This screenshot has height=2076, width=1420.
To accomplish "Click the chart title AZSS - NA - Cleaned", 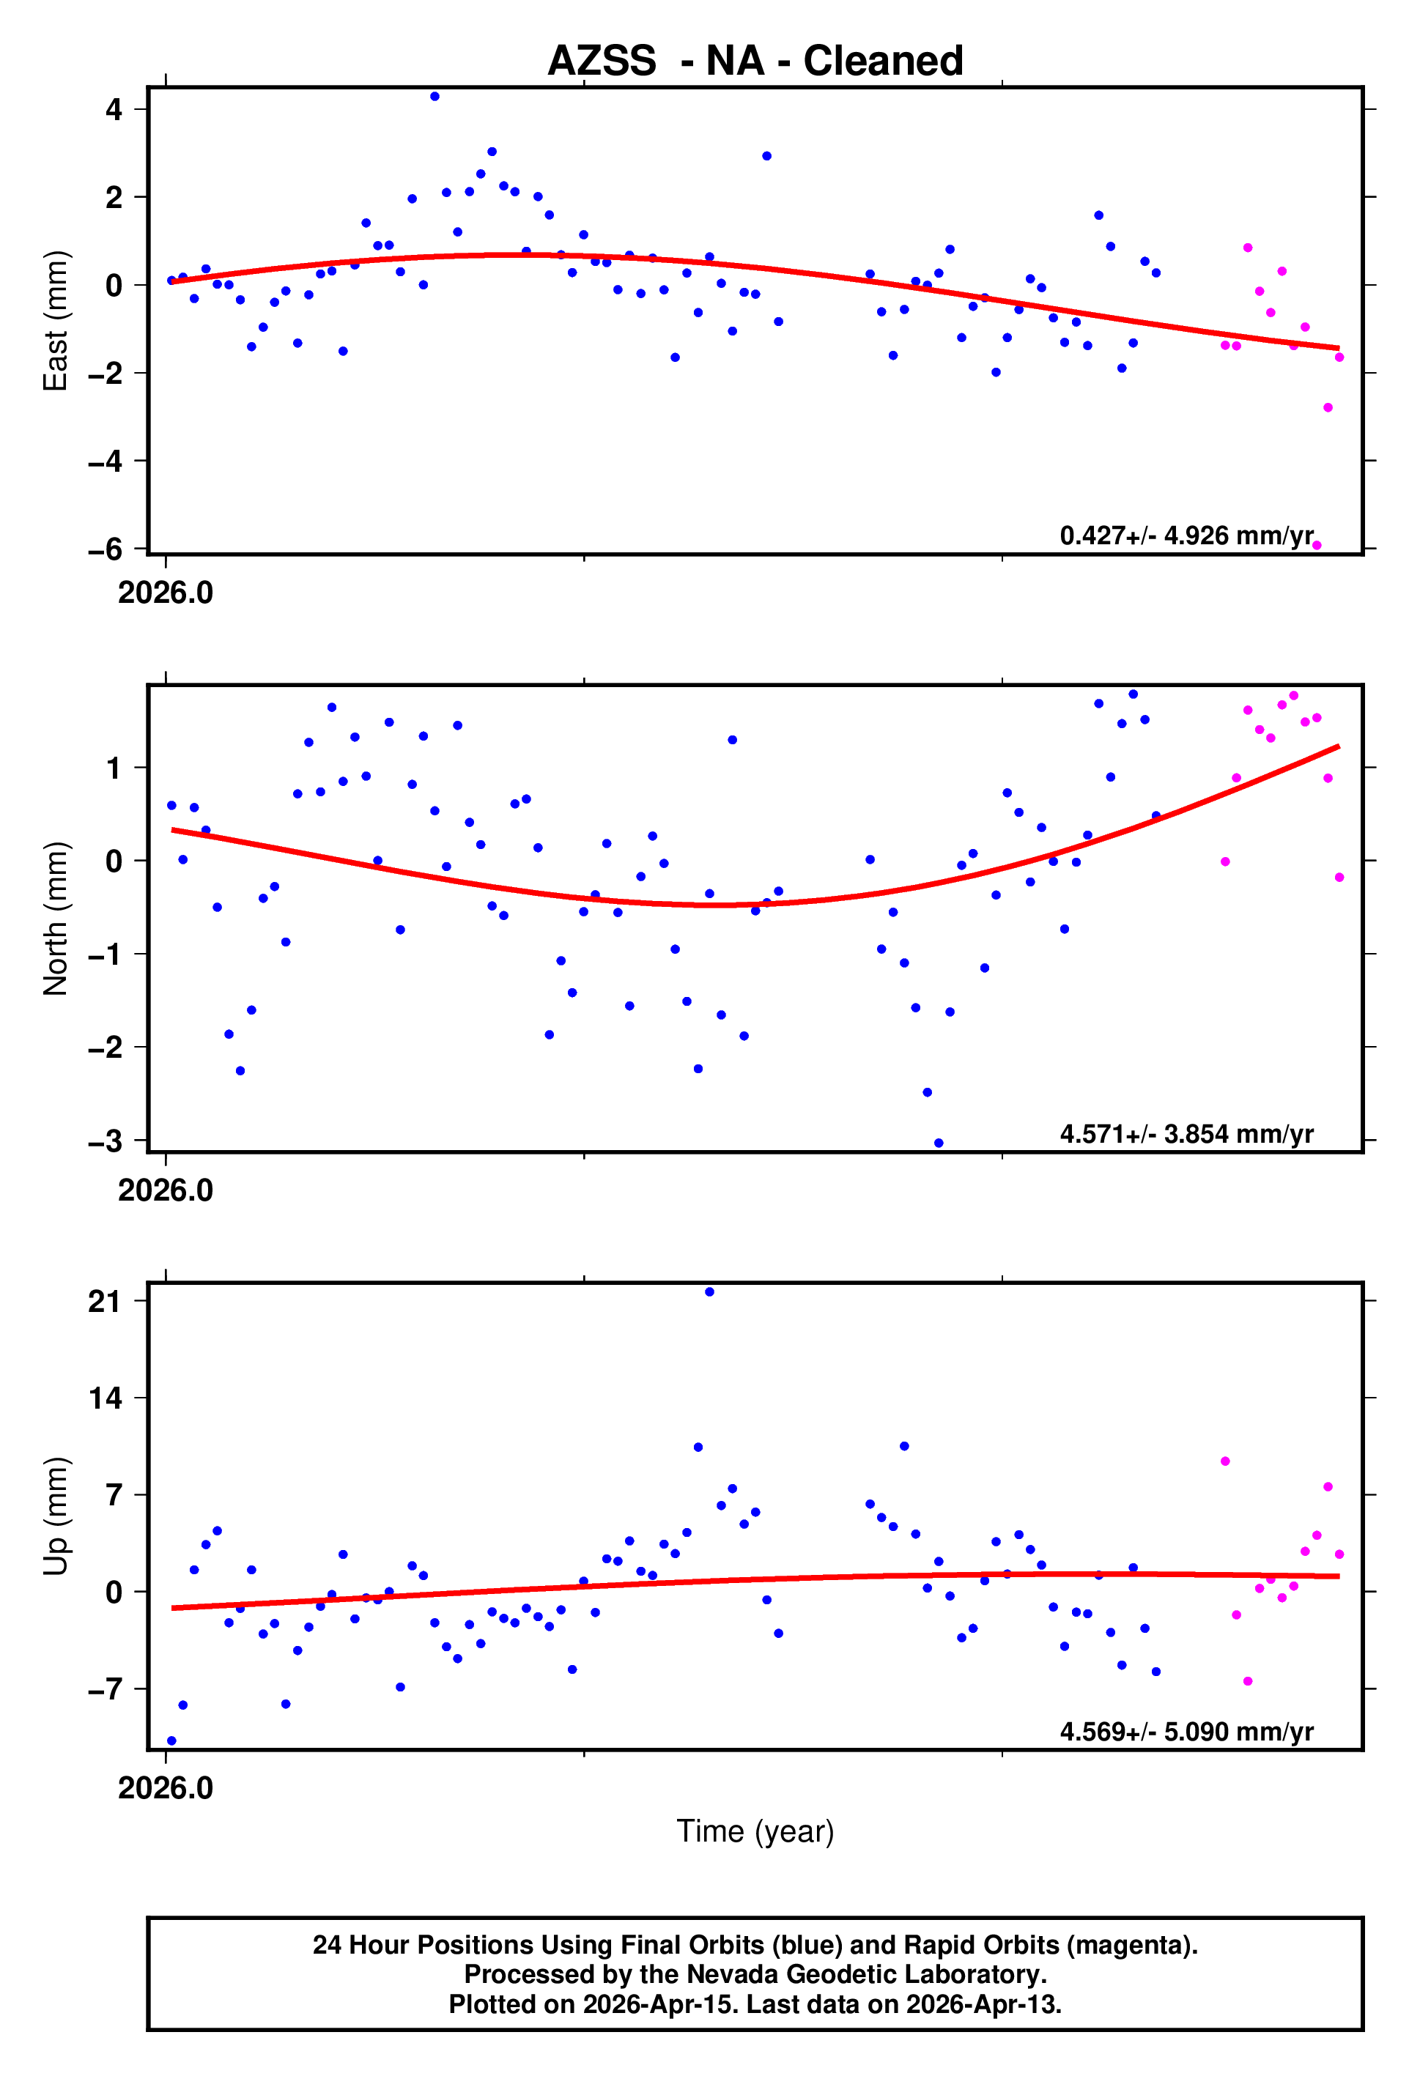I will (755, 61).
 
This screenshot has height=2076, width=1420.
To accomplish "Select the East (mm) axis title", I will (56, 321).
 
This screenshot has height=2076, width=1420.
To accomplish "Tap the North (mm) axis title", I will (56, 919).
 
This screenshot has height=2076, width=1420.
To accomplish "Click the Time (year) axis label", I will (755, 1831).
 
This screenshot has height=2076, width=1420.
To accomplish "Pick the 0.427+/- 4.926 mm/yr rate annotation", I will (1186, 536).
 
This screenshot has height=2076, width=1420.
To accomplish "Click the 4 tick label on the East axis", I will (114, 110).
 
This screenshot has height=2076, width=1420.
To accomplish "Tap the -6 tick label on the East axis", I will (105, 549).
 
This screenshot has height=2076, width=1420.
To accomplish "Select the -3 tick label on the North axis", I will (105, 1141).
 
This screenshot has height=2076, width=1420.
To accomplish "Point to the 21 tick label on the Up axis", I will (105, 1302).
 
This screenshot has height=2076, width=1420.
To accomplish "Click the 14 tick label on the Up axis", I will (105, 1398).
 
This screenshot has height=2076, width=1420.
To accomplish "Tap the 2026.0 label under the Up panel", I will (166, 1787).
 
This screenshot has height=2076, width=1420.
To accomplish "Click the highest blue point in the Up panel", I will (709, 1291).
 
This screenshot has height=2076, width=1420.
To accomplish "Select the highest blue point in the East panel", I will (434, 97).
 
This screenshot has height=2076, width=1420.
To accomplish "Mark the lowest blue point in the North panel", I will (939, 1143).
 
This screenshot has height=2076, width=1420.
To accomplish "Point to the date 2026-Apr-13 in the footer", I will (982, 2003).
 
